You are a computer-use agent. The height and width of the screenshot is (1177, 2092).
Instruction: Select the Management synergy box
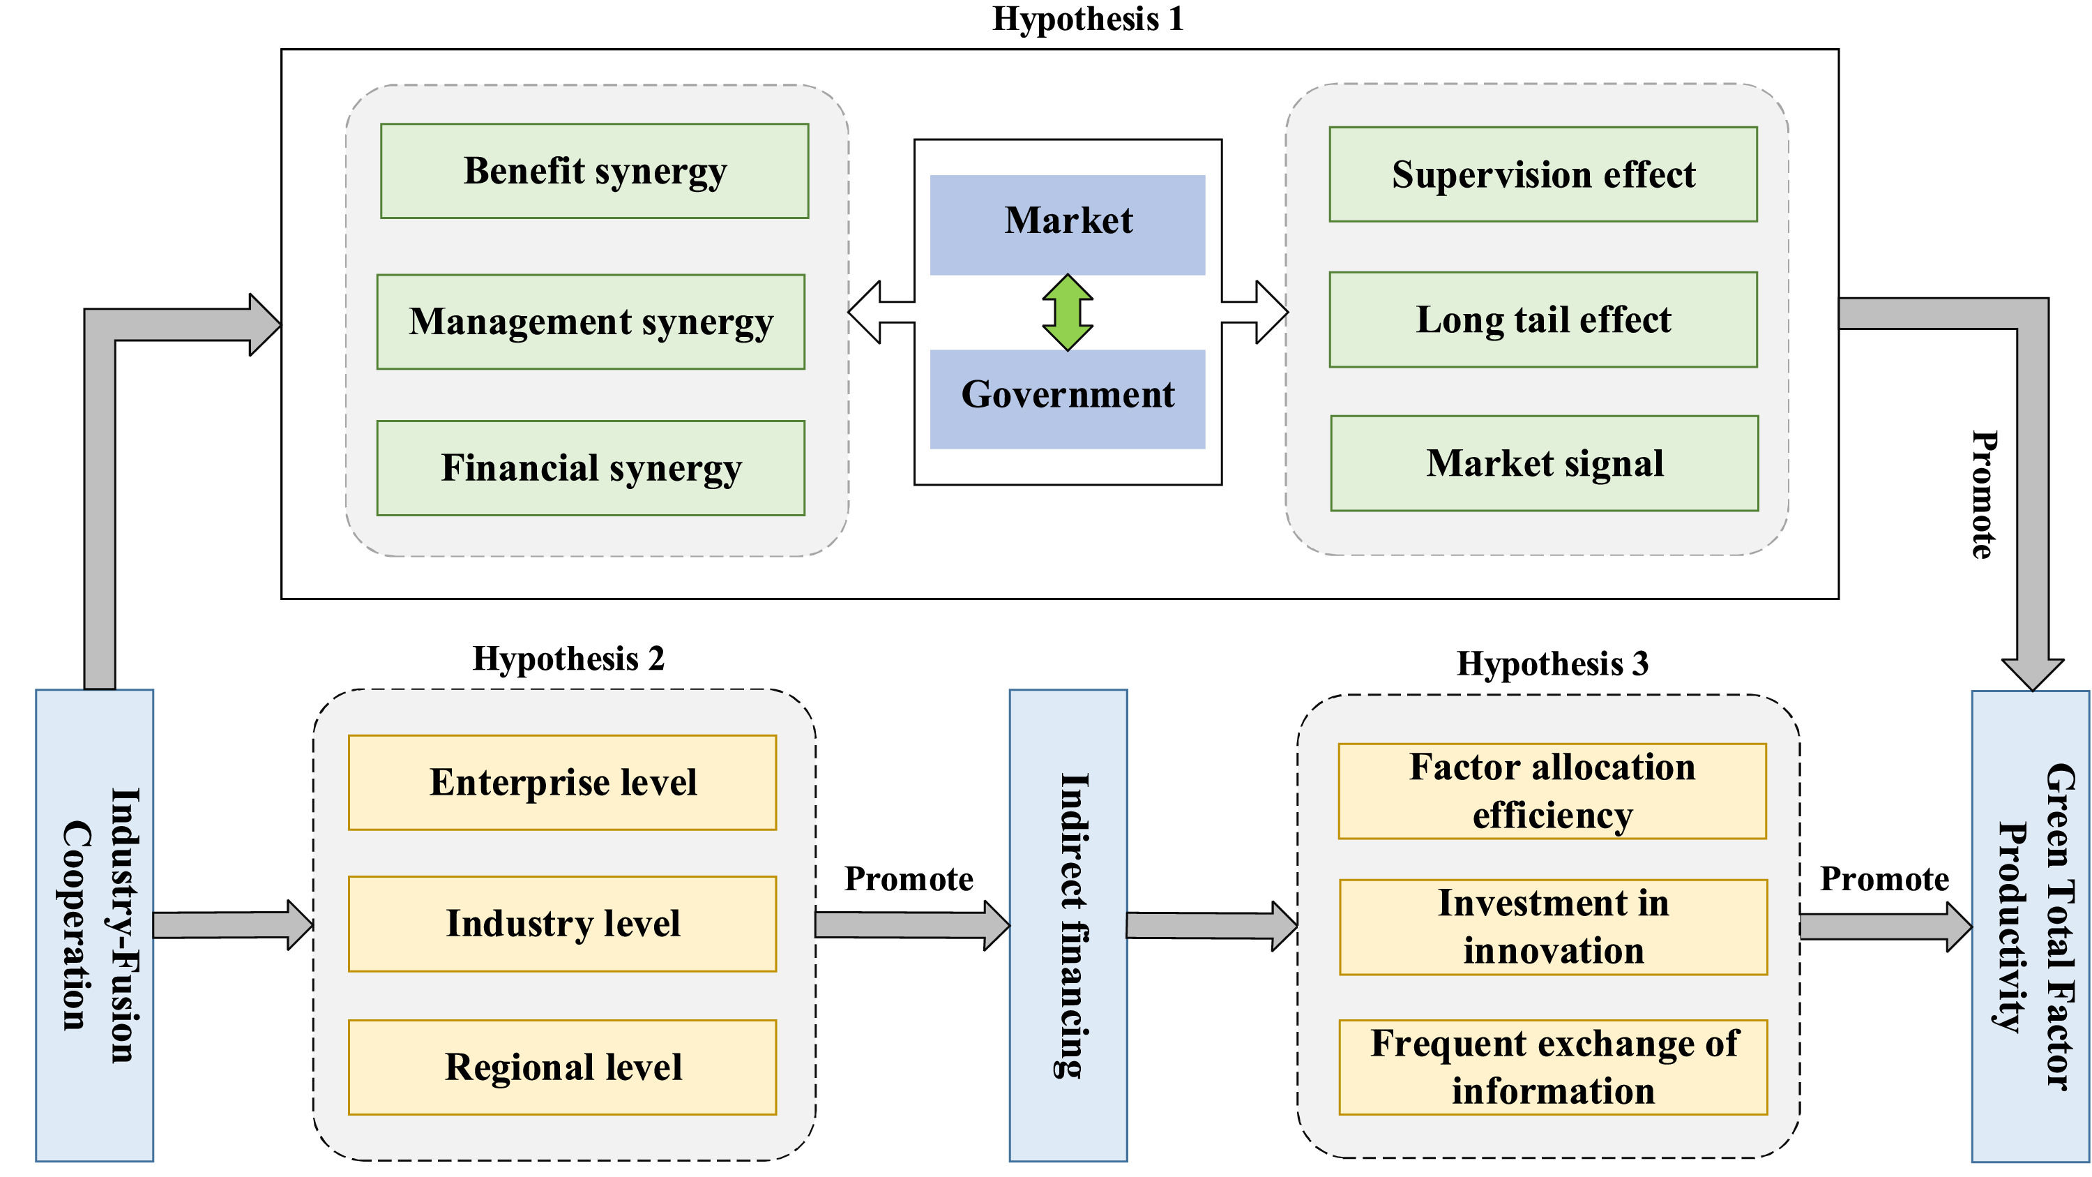point(591,322)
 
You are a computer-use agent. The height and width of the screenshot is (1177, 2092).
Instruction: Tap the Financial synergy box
point(591,468)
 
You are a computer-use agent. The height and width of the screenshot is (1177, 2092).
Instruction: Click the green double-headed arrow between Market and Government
point(1067,313)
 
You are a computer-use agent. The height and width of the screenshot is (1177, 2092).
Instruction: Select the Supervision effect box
point(1543,174)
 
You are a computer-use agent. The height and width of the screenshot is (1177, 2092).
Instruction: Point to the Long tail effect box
point(1543,320)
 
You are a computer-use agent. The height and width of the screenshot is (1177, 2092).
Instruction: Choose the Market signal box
point(1544,463)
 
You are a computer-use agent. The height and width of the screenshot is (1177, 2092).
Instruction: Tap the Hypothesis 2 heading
point(568,658)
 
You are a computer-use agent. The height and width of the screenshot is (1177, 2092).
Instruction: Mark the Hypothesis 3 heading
point(1552,664)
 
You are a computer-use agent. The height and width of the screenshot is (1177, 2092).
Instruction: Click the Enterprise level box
point(562,782)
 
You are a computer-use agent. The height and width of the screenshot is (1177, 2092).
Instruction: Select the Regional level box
point(562,1067)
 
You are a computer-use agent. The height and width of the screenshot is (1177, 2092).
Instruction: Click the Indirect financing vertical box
point(1068,925)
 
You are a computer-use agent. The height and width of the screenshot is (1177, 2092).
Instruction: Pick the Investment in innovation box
point(1553,927)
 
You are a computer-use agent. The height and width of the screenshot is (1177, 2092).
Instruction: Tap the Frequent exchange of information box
point(1553,1067)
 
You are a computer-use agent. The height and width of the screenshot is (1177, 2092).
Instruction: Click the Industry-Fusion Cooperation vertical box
point(94,925)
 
